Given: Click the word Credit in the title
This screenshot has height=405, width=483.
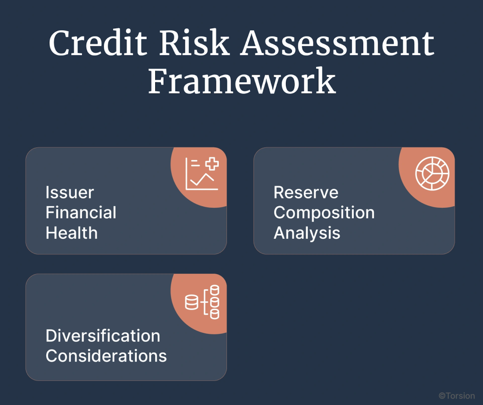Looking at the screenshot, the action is (98, 42).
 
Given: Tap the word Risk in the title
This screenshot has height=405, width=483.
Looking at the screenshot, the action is (194, 42).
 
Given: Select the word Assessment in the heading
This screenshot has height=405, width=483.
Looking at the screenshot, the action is (337, 42).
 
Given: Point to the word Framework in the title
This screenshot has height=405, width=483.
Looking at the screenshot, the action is (242, 81).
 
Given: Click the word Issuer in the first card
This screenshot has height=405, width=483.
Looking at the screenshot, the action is (70, 193).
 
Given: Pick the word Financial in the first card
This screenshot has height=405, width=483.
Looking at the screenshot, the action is (81, 213).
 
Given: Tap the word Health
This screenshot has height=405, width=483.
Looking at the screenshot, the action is (72, 233).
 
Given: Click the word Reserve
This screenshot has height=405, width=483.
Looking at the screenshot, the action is (306, 193).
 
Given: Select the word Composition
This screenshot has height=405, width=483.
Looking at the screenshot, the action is (324, 213).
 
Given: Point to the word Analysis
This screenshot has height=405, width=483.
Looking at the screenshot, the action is (307, 233).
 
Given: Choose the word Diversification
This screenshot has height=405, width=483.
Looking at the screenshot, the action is (103, 336).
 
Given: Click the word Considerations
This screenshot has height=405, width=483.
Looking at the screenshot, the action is (106, 356).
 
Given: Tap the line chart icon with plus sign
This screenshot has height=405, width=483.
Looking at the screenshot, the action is (202, 174).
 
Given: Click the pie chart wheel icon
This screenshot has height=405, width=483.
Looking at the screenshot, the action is (432, 173).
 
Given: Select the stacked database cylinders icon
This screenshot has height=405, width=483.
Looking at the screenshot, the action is (202, 302).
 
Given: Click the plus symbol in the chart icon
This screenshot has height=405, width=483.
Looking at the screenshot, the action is (212, 164).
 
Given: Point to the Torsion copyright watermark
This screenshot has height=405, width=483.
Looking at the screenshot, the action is (457, 396).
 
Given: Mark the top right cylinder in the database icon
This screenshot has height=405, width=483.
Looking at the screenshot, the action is (215, 290).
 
